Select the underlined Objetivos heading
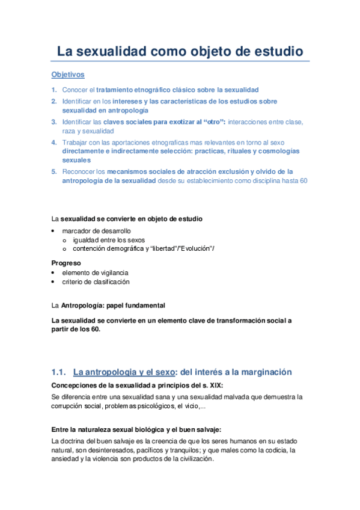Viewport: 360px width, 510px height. pos(67,75)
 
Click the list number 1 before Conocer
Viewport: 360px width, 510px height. pos(54,90)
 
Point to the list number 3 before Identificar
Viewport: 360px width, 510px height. pos(54,121)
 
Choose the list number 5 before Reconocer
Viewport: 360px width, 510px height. pos(54,171)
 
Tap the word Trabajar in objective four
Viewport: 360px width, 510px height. pos(76,142)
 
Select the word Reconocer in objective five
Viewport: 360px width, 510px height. pos(80,171)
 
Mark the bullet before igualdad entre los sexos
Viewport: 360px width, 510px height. pos(65,240)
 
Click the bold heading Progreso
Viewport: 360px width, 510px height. pos(67,263)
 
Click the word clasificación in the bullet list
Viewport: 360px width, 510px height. pos(110,281)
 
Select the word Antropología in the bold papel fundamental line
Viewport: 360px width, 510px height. pos(83,306)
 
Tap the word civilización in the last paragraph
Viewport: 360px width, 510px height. pos(192,458)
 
